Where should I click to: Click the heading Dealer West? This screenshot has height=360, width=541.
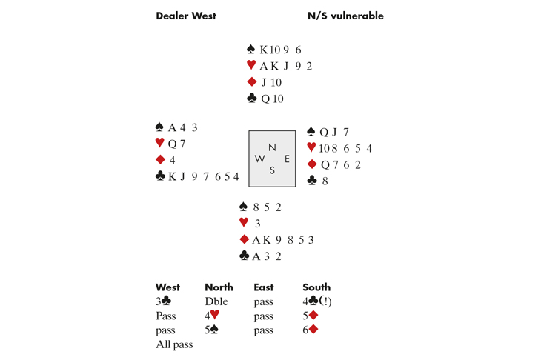tap(185, 16)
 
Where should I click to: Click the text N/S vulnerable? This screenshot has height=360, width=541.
tap(345, 16)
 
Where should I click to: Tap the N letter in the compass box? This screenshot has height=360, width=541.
tap(272, 147)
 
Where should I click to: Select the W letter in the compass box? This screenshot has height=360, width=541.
tap(259, 159)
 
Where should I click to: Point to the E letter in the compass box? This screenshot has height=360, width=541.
tap(287, 159)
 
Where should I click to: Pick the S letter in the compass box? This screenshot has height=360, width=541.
tap(272, 170)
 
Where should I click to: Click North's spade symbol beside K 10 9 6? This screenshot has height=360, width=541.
tap(251, 50)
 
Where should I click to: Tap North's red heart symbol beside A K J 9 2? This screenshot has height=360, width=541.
tap(251, 66)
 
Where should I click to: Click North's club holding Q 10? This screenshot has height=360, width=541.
tap(272, 99)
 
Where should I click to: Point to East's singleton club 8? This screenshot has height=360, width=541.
tap(323, 180)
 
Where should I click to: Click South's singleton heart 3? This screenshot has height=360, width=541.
tap(257, 223)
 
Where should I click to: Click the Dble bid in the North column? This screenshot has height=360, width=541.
tap(216, 301)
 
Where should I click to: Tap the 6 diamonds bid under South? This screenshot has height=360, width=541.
tap(311, 330)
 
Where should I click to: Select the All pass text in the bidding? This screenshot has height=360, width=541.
tap(174, 344)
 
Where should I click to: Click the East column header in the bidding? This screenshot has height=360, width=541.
tap(264, 287)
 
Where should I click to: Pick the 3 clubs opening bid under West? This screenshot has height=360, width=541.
tap(165, 301)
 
